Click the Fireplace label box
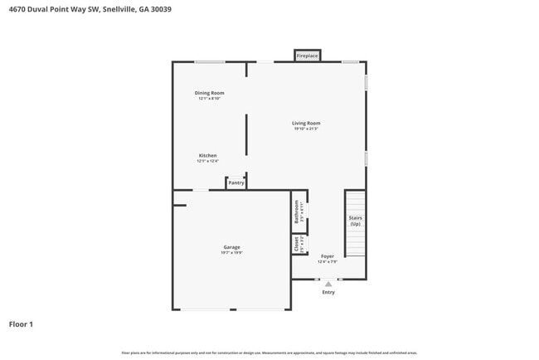point(308,56)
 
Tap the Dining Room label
point(209,93)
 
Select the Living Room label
point(306,123)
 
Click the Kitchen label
point(207,156)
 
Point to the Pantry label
point(236,182)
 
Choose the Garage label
point(231,247)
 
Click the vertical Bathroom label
point(297,214)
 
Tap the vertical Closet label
point(297,244)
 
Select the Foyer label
point(328,257)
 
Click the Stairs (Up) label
point(355,221)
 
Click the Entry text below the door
point(328,292)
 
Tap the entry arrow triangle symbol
point(328,284)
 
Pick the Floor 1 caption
point(21,324)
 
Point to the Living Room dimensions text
point(306,129)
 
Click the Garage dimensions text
point(231,253)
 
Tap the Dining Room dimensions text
point(209,99)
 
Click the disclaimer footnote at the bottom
point(269,353)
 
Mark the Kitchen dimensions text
point(207,162)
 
